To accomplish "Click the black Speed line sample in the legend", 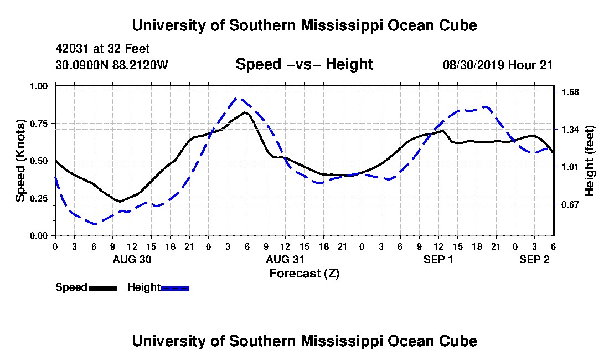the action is pos(103,288).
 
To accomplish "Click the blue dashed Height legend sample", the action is pos(175,288).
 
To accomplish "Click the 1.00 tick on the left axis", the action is pos(39,86).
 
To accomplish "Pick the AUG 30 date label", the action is pos(132,259).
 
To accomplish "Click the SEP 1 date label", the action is pos(438,259).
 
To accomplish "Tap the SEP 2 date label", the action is pos(534,259).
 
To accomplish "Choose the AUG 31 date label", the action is pos(285,259).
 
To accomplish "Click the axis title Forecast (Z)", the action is pos(304,274).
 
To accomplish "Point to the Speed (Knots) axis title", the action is pos(20,161).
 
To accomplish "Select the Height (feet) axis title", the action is pos(589,161).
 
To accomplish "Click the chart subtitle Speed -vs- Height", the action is pos(304,64).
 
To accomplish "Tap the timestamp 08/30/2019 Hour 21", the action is pos(498,65).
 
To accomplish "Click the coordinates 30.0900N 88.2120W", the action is pos(112,65).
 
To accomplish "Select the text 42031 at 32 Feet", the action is pos(102,49).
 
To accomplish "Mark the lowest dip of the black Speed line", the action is pos(120,202).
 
